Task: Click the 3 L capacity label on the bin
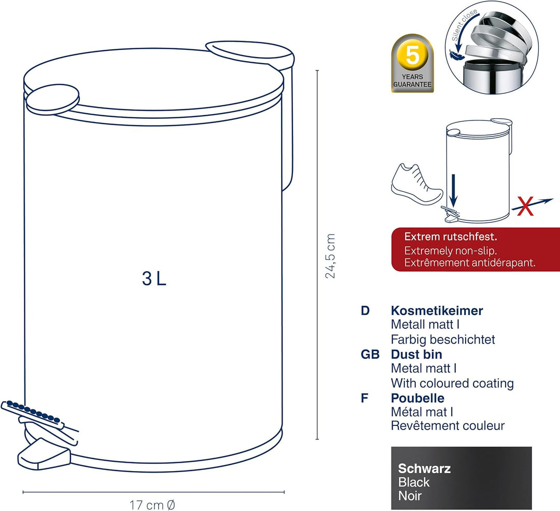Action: click(155, 279)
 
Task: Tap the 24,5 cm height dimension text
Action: click(330, 256)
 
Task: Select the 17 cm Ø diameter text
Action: click(152, 505)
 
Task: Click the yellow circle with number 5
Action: click(413, 56)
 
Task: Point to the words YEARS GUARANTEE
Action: click(413, 81)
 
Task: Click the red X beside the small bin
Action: click(525, 206)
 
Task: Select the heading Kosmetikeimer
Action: click(437, 311)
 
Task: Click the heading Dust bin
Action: click(416, 354)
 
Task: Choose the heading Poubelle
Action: click(417, 398)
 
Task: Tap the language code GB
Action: click(370, 354)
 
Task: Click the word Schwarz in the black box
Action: click(424, 468)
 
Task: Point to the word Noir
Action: click(410, 495)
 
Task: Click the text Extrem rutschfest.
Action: click(451, 237)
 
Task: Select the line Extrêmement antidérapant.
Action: click(470, 263)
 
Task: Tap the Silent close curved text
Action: click(464, 24)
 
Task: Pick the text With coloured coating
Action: click(453, 383)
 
